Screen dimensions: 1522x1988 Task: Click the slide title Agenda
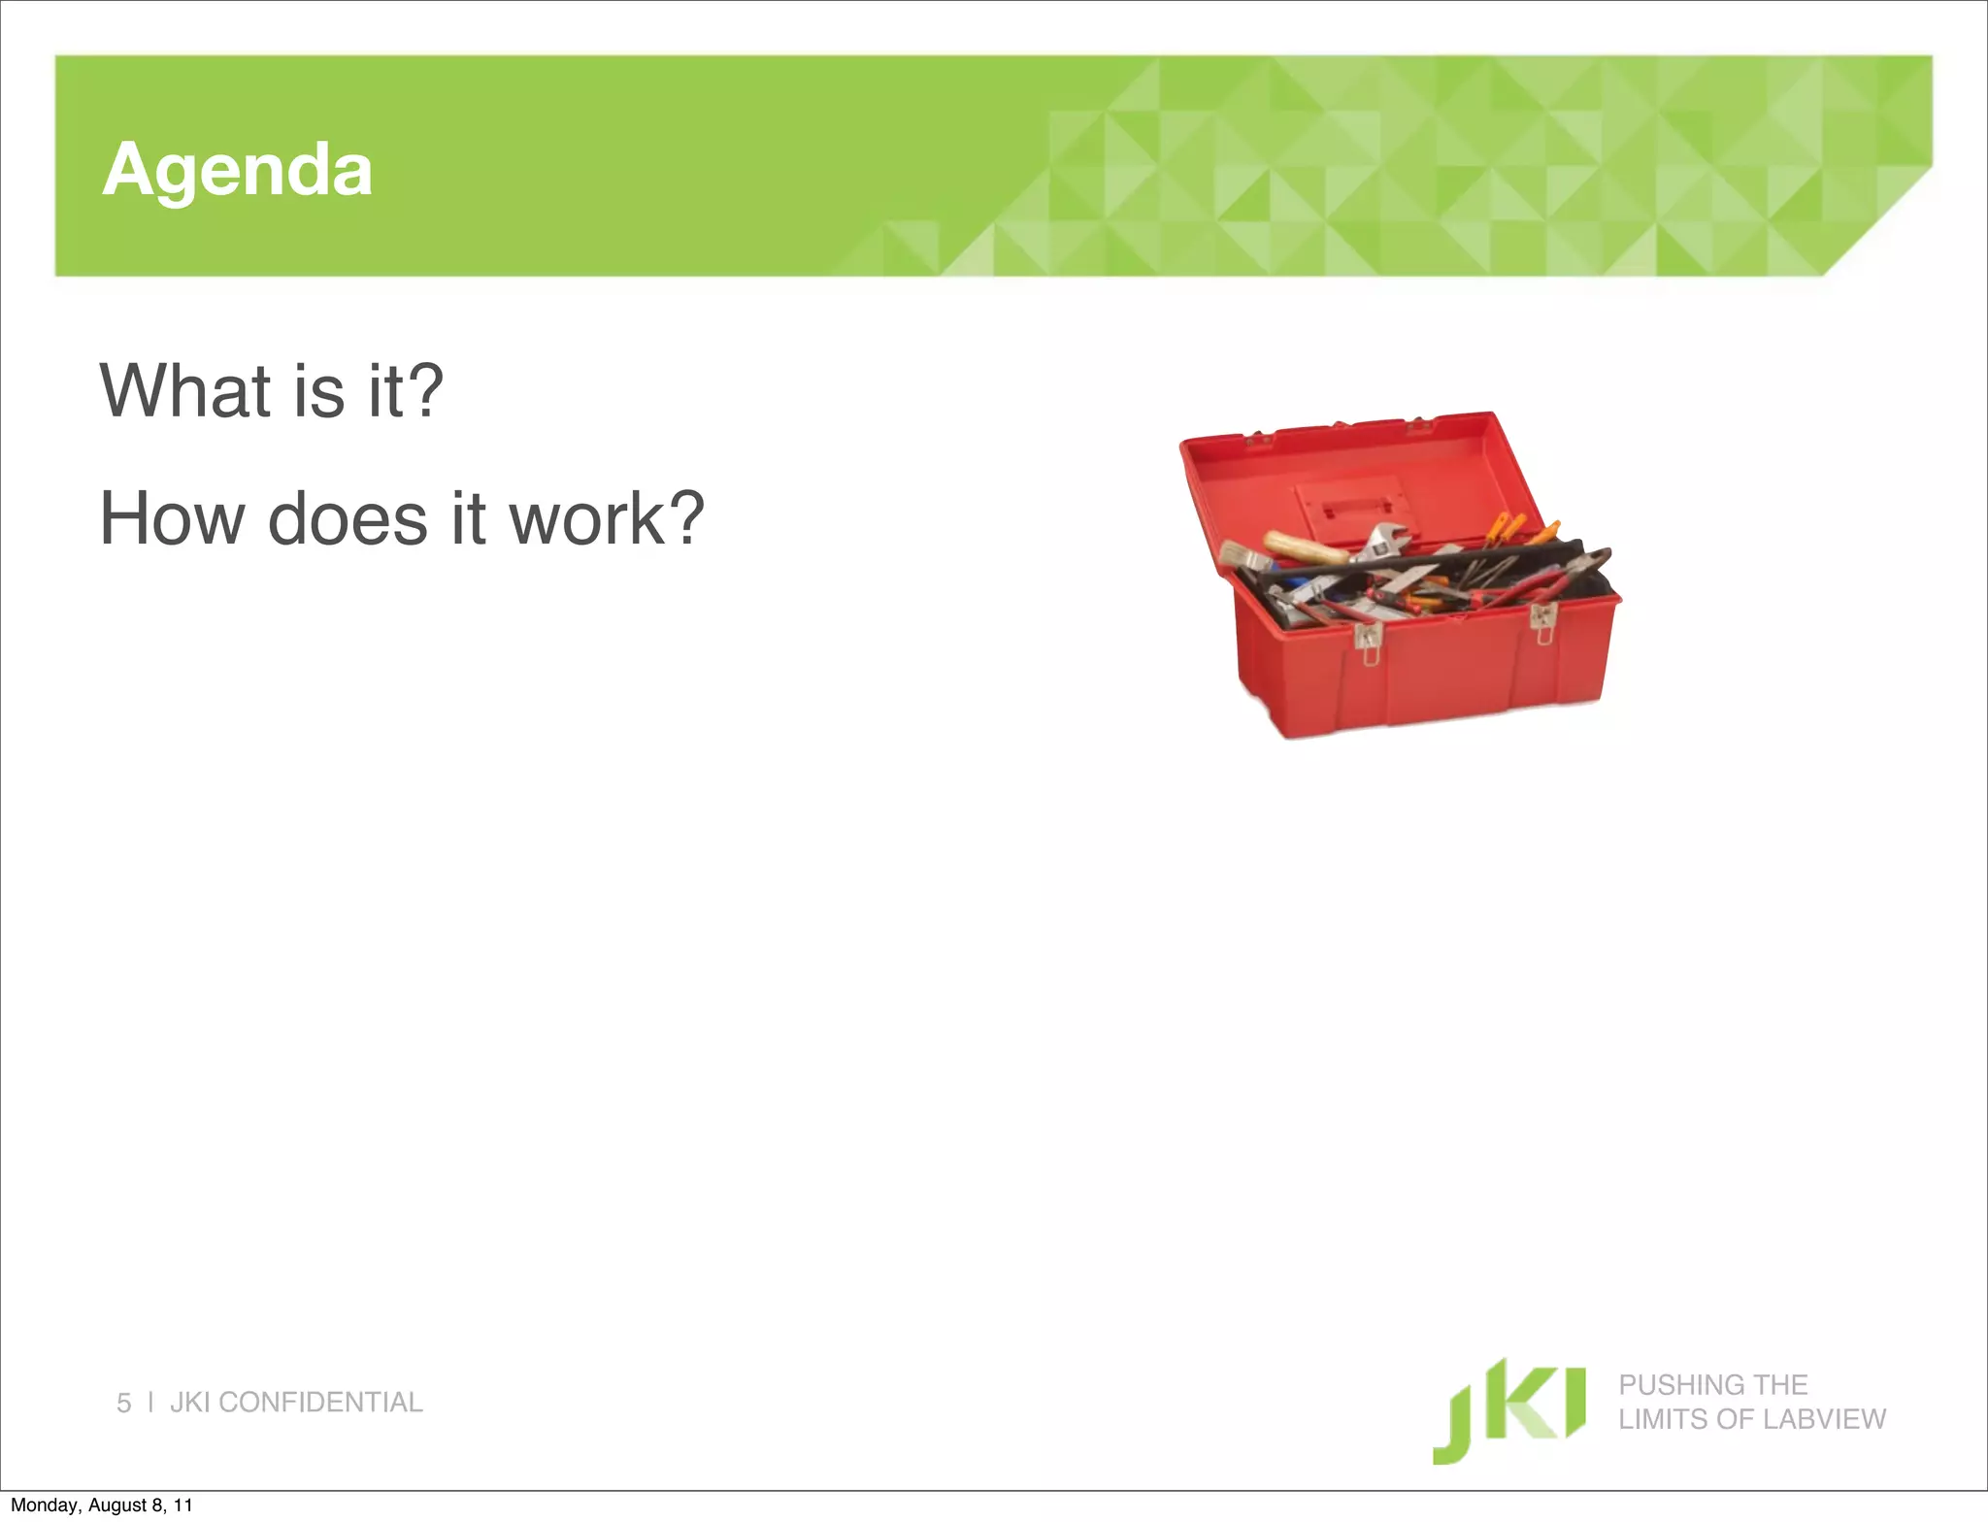pos(237,171)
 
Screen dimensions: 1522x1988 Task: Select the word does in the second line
pos(347,519)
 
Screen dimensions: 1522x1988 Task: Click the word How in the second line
pos(172,519)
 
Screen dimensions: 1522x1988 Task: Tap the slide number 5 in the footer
pos(123,1403)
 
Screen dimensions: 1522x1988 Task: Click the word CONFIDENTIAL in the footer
pos(320,1403)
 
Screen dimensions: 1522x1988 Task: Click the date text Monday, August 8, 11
pos(102,1505)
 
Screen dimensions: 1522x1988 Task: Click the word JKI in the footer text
pos(191,1403)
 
